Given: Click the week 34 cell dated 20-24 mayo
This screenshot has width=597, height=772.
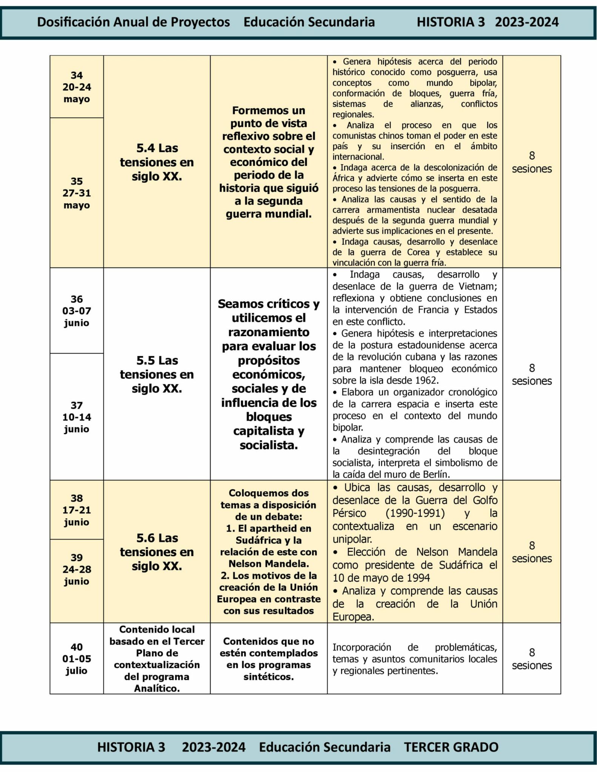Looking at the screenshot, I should click(x=77, y=87).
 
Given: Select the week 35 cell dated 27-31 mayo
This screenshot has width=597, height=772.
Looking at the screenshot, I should click(x=77, y=193).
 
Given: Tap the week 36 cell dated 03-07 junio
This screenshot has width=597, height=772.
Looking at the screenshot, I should click(x=77, y=311).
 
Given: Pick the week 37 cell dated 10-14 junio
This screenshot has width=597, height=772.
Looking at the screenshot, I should click(x=77, y=417).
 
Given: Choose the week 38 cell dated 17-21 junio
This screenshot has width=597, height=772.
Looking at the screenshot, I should click(x=77, y=510).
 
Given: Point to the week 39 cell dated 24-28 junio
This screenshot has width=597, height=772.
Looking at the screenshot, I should click(x=77, y=569).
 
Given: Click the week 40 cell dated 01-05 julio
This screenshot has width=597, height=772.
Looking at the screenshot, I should click(x=77, y=659).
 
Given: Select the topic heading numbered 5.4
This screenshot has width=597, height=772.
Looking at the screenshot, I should click(x=157, y=162).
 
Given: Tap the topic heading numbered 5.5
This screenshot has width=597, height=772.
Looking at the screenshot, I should click(x=157, y=374).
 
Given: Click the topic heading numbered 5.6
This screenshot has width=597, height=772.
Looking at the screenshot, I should click(x=157, y=552).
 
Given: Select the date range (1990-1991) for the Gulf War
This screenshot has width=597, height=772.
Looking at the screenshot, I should click(x=415, y=513).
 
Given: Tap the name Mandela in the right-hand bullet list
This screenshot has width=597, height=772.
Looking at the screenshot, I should click(x=477, y=552).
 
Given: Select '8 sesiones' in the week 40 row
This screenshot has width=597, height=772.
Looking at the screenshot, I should click(x=532, y=659).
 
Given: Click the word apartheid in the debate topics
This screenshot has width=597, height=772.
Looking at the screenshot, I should click(x=278, y=528).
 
